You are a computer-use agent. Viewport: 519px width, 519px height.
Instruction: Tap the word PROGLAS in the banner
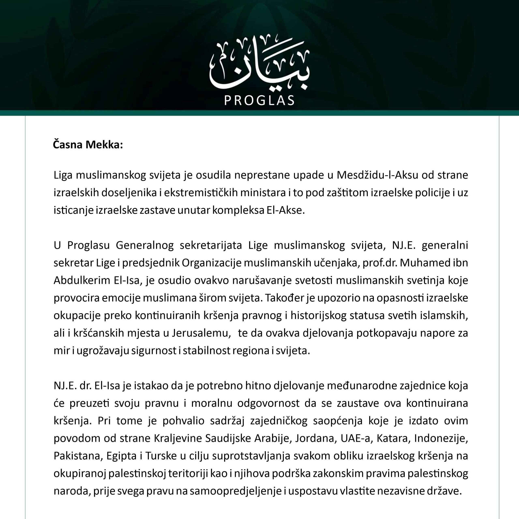[x=259, y=101]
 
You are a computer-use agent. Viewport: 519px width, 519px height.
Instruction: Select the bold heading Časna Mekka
[x=88, y=145]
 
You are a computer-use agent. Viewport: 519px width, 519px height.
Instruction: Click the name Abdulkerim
[x=82, y=280]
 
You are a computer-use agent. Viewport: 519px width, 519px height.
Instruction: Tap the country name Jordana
[x=316, y=438]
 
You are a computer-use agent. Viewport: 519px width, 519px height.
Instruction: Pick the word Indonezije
[x=441, y=438]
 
